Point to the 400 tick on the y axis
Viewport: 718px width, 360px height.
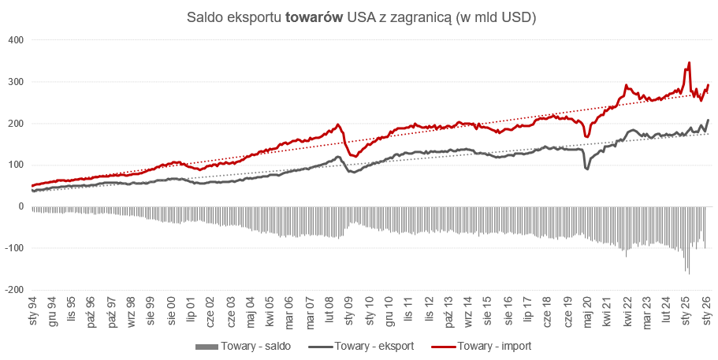16,40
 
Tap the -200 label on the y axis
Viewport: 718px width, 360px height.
13,290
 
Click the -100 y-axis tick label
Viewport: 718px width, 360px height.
13,248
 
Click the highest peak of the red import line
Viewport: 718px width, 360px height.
689,63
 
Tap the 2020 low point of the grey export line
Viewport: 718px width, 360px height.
586,168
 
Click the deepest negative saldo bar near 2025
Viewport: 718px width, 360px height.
689,273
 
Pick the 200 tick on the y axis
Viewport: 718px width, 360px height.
16,124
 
